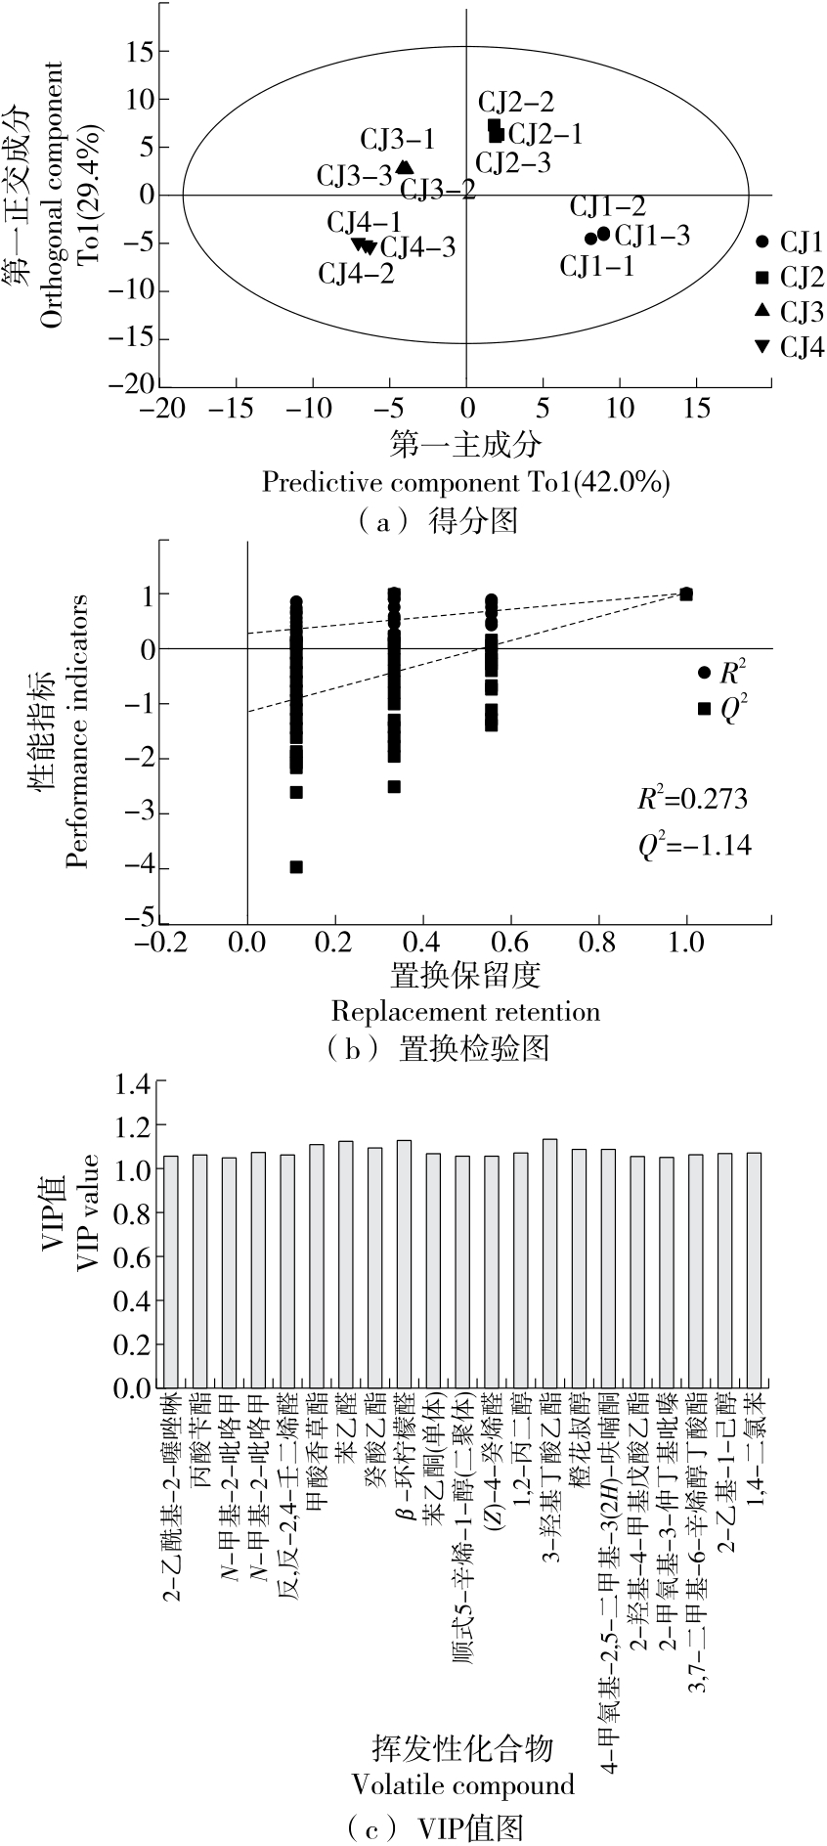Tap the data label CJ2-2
tap(516, 102)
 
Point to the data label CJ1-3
tap(652, 236)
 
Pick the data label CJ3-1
tap(398, 140)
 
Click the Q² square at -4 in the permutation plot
tap(296, 866)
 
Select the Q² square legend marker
tap(704, 708)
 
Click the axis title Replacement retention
tap(465, 1010)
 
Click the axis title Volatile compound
tap(462, 1784)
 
